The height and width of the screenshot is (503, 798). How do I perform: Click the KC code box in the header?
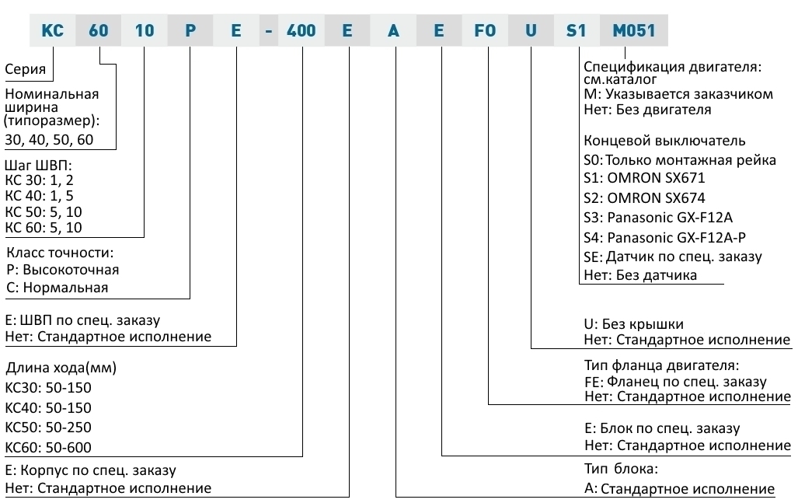(x=52, y=30)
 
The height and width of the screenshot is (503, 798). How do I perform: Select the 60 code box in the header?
(x=98, y=30)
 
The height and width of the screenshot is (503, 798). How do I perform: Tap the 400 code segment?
(x=301, y=30)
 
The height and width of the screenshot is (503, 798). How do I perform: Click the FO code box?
(x=485, y=30)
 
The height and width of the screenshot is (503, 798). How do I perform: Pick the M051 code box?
(x=633, y=30)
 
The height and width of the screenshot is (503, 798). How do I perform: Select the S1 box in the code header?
(x=577, y=30)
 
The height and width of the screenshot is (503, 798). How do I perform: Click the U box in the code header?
(x=531, y=30)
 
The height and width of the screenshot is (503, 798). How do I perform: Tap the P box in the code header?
(x=190, y=30)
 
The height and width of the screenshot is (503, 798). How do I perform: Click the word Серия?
(x=26, y=68)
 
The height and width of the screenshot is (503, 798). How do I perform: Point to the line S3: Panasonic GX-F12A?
(x=658, y=218)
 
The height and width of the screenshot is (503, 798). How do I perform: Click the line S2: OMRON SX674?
(x=644, y=198)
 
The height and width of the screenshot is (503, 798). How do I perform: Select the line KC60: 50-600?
(x=48, y=448)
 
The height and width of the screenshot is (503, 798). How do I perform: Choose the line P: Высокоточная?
(x=63, y=270)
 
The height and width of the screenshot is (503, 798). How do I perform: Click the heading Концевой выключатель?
(x=664, y=141)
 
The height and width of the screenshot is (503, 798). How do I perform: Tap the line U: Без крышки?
(x=633, y=324)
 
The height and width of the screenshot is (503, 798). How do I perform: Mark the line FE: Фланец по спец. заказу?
(x=675, y=382)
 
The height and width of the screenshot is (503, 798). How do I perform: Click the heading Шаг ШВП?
(x=39, y=166)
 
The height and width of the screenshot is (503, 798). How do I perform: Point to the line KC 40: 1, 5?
(x=39, y=196)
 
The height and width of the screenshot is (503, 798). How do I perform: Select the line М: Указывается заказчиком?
(x=678, y=94)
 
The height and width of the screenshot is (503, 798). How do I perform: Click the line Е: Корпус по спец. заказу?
(x=91, y=470)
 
